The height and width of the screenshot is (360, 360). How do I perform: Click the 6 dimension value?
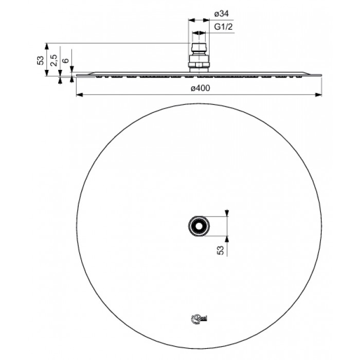click(x=65, y=61)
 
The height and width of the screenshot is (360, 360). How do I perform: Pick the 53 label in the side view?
click(x=41, y=60)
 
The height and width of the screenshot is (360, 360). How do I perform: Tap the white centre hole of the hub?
click(x=197, y=225)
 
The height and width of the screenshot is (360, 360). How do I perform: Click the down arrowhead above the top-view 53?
click(x=227, y=213)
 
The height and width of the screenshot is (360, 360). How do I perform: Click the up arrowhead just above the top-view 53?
click(x=227, y=237)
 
